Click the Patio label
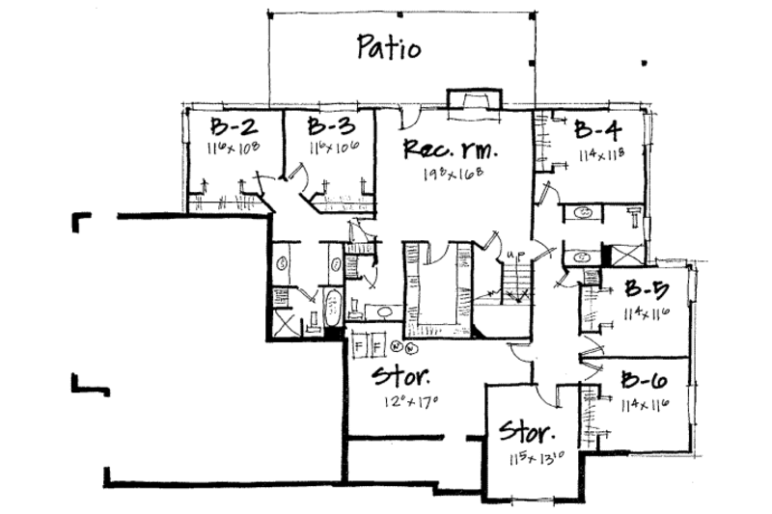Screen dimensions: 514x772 pyautogui.click(x=388, y=47)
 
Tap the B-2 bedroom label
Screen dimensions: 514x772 pyautogui.click(x=233, y=128)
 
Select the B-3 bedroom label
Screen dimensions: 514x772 pyautogui.click(x=330, y=128)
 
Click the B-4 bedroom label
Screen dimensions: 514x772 pyautogui.click(x=597, y=130)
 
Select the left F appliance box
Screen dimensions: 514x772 pyautogui.click(x=359, y=344)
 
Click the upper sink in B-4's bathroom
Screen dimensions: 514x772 pyautogui.click(x=585, y=212)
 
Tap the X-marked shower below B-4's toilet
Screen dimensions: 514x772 pyautogui.click(x=614, y=257)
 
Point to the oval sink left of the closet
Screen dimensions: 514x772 pyautogui.click(x=381, y=311)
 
